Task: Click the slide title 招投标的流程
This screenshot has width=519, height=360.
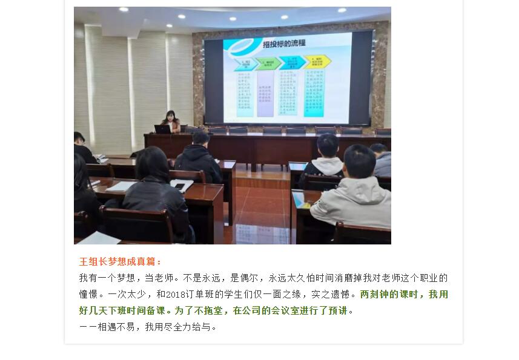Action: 283,43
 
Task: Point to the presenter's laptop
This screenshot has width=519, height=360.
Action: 162,128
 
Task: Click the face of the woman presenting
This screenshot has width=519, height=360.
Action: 169,116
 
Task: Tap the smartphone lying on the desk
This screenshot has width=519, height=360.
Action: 181,185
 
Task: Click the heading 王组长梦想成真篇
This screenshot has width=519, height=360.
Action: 121,262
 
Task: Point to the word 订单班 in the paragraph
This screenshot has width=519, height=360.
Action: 206,295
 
